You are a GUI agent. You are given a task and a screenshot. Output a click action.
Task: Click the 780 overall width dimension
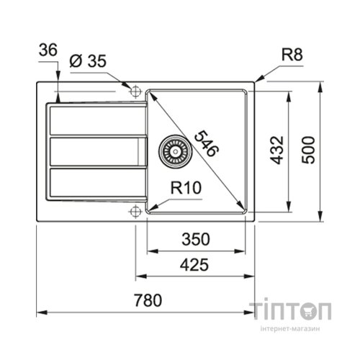[145, 300]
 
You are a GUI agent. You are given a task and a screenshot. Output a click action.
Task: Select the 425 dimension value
[194, 265]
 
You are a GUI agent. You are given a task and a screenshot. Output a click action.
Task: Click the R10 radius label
[185, 189]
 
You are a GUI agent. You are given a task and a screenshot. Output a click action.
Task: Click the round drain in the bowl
[171, 150]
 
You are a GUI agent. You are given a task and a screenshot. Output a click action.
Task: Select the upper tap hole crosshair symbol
[135, 89]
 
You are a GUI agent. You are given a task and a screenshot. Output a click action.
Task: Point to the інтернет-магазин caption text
[291, 329]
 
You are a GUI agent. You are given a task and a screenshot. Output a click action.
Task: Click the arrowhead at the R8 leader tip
[257, 79]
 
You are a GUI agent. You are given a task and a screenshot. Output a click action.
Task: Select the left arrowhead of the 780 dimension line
[39, 312]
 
